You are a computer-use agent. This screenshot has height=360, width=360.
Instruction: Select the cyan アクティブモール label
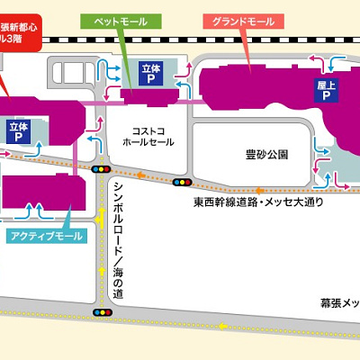(46, 236)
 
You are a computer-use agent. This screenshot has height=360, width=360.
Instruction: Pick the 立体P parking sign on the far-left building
(19, 133)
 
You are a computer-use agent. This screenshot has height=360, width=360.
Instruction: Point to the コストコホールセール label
(149, 136)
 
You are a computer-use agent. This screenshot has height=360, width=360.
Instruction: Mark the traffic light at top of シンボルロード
(103, 168)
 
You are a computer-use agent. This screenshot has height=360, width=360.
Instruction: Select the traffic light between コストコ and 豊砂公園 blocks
(184, 181)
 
